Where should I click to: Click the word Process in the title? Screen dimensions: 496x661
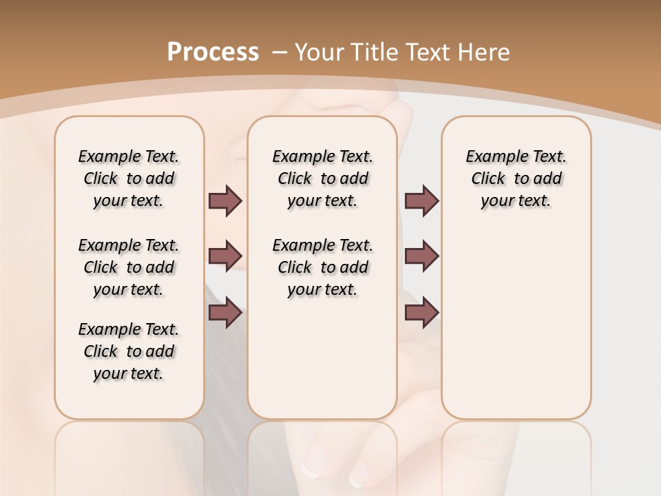coord(213,52)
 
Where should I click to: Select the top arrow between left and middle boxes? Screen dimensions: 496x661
coord(225,200)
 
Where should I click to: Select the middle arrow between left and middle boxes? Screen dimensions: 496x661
coord(225,256)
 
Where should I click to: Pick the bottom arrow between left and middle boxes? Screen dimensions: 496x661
coord(225,313)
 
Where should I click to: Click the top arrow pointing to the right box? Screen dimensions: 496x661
coord(421,200)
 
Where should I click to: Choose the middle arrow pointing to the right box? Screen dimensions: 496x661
coord(421,256)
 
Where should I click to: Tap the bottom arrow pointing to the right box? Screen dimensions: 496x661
coord(421,313)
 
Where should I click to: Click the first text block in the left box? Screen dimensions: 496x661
coord(129,178)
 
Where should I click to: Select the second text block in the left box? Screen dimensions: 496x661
coord(129,267)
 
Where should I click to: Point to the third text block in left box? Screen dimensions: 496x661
coord(129,351)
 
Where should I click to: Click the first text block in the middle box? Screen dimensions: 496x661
coord(322,178)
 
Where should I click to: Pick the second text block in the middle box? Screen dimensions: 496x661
coord(322,267)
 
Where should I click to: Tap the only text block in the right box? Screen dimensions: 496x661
coord(516,178)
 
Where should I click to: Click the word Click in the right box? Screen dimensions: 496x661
coord(488,178)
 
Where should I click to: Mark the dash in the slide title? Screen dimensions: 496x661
coord(280,52)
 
